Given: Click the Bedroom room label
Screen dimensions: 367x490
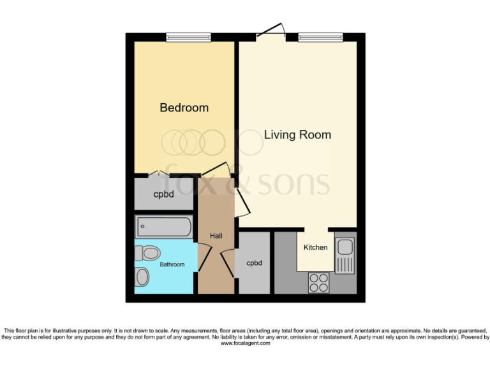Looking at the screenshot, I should coord(184,108).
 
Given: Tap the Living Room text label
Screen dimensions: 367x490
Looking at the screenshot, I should coord(297,134).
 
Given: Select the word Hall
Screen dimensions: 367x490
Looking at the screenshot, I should coord(216,236).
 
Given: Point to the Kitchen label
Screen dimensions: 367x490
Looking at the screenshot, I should coord(315,247).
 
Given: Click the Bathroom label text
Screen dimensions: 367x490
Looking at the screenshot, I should coord(172,264).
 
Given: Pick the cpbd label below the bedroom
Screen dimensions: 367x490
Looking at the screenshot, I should coord(164,194).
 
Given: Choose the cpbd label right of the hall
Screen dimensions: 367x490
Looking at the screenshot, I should coord(254,263).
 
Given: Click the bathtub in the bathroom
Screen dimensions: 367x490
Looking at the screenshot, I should coord(164,226).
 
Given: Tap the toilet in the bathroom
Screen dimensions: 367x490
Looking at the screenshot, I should coord(147,254).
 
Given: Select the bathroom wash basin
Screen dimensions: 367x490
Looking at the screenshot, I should coord(142,277).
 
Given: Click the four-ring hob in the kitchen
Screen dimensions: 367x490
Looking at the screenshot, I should coord(318,282).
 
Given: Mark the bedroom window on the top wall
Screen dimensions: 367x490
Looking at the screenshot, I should coord(188,38).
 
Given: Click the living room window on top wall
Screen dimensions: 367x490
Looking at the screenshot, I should coord(320,38).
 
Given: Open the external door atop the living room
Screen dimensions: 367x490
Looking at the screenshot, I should coord(271,32).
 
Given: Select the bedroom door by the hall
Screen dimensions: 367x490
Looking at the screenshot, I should coord(216,170).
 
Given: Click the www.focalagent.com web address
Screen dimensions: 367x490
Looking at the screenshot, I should coord(245,343).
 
